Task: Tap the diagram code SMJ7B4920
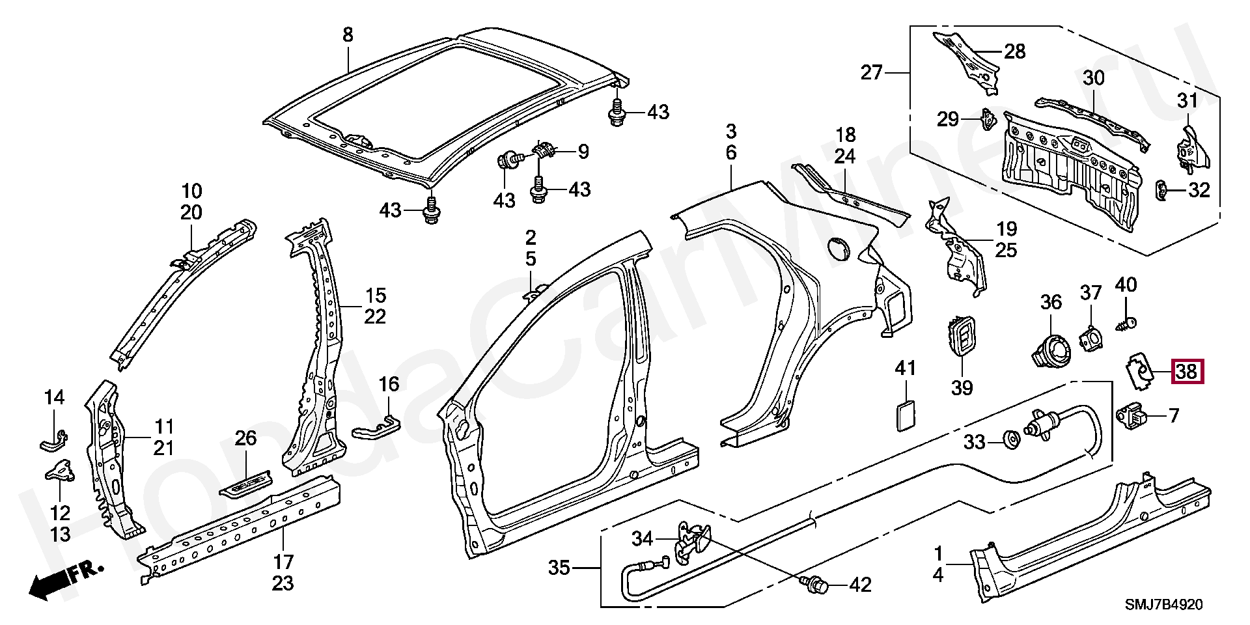[1165, 605]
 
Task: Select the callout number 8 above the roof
[348, 34]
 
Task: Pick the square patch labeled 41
[905, 415]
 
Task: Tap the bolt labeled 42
[814, 585]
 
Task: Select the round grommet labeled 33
[1011, 439]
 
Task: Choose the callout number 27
[872, 72]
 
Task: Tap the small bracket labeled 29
[989, 119]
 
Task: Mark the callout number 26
[246, 438]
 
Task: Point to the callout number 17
[283, 561]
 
